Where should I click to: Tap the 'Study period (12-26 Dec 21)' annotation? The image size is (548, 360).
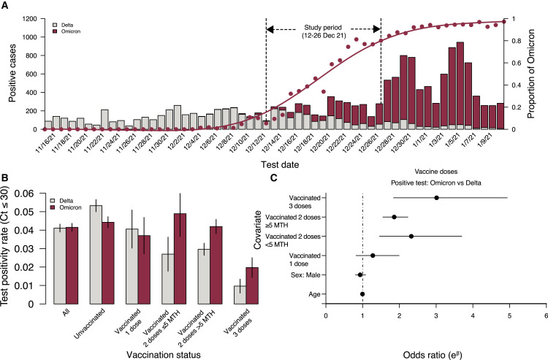323,33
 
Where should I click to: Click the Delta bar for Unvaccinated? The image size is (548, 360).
95,254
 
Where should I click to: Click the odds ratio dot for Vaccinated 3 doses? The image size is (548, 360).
436,198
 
